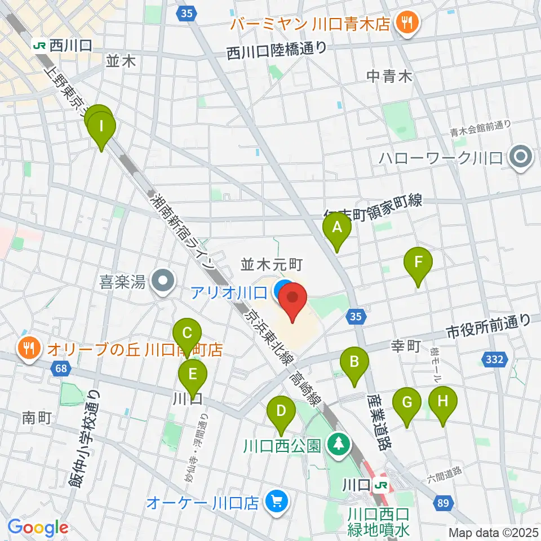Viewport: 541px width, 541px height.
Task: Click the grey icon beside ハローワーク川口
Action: tap(519, 157)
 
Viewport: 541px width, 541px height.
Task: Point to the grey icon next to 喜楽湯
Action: tap(163, 279)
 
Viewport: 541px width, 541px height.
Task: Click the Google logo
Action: tap(38, 527)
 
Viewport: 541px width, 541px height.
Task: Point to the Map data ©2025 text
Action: tap(494, 532)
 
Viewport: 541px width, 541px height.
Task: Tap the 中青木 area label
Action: tap(390, 75)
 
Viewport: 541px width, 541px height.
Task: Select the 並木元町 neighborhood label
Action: tap(273, 263)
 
